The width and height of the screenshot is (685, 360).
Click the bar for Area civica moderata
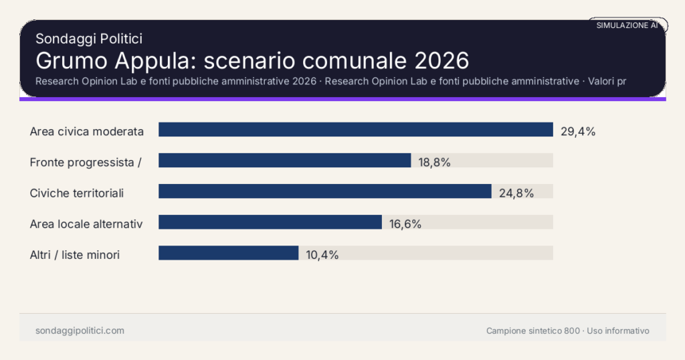[355, 130]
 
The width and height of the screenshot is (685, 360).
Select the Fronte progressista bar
[284, 161]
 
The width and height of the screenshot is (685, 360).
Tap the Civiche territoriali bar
[324, 191]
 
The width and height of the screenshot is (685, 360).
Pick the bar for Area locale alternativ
[270, 222]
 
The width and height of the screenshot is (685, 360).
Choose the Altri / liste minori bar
[228, 253]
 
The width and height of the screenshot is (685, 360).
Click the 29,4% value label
[578, 131]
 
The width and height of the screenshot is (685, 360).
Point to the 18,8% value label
[435, 162]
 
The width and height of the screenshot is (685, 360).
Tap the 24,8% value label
[516, 193]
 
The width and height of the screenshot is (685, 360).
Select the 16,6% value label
[405, 224]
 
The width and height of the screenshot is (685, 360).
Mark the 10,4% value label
[322, 255]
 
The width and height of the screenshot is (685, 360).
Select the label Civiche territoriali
[77, 193]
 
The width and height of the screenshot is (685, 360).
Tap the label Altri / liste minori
[75, 255]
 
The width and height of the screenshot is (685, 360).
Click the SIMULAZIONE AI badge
[627, 25]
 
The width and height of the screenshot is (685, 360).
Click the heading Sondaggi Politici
[88, 39]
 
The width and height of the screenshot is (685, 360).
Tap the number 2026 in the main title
[442, 60]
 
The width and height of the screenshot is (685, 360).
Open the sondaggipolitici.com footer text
[80, 331]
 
